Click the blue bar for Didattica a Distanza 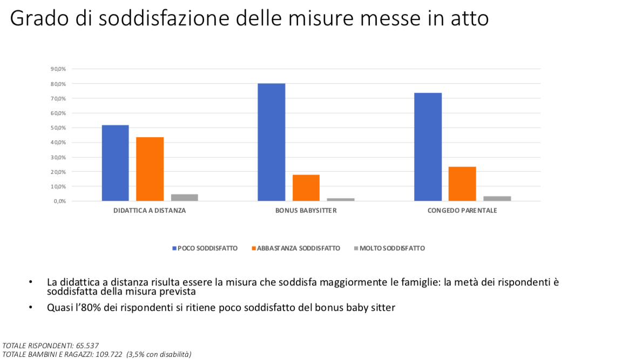tap(115, 163)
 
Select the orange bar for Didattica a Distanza tap(150, 169)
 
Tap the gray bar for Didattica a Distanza tap(184, 198)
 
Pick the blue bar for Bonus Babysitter tap(271, 142)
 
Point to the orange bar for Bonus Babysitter tap(306, 188)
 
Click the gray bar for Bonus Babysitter tap(341, 199)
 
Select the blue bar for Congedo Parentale tap(428, 147)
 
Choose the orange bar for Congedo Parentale tap(462, 184)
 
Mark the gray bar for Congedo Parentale tap(497, 198)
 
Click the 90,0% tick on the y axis tap(58, 69)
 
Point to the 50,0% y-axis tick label tap(58, 128)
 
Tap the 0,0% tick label tap(59, 201)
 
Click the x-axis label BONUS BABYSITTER tap(306, 210)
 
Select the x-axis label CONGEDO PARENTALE tap(462, 210)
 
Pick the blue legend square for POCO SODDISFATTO tap(174, 248)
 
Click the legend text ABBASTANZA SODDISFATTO tap(299, 248)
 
